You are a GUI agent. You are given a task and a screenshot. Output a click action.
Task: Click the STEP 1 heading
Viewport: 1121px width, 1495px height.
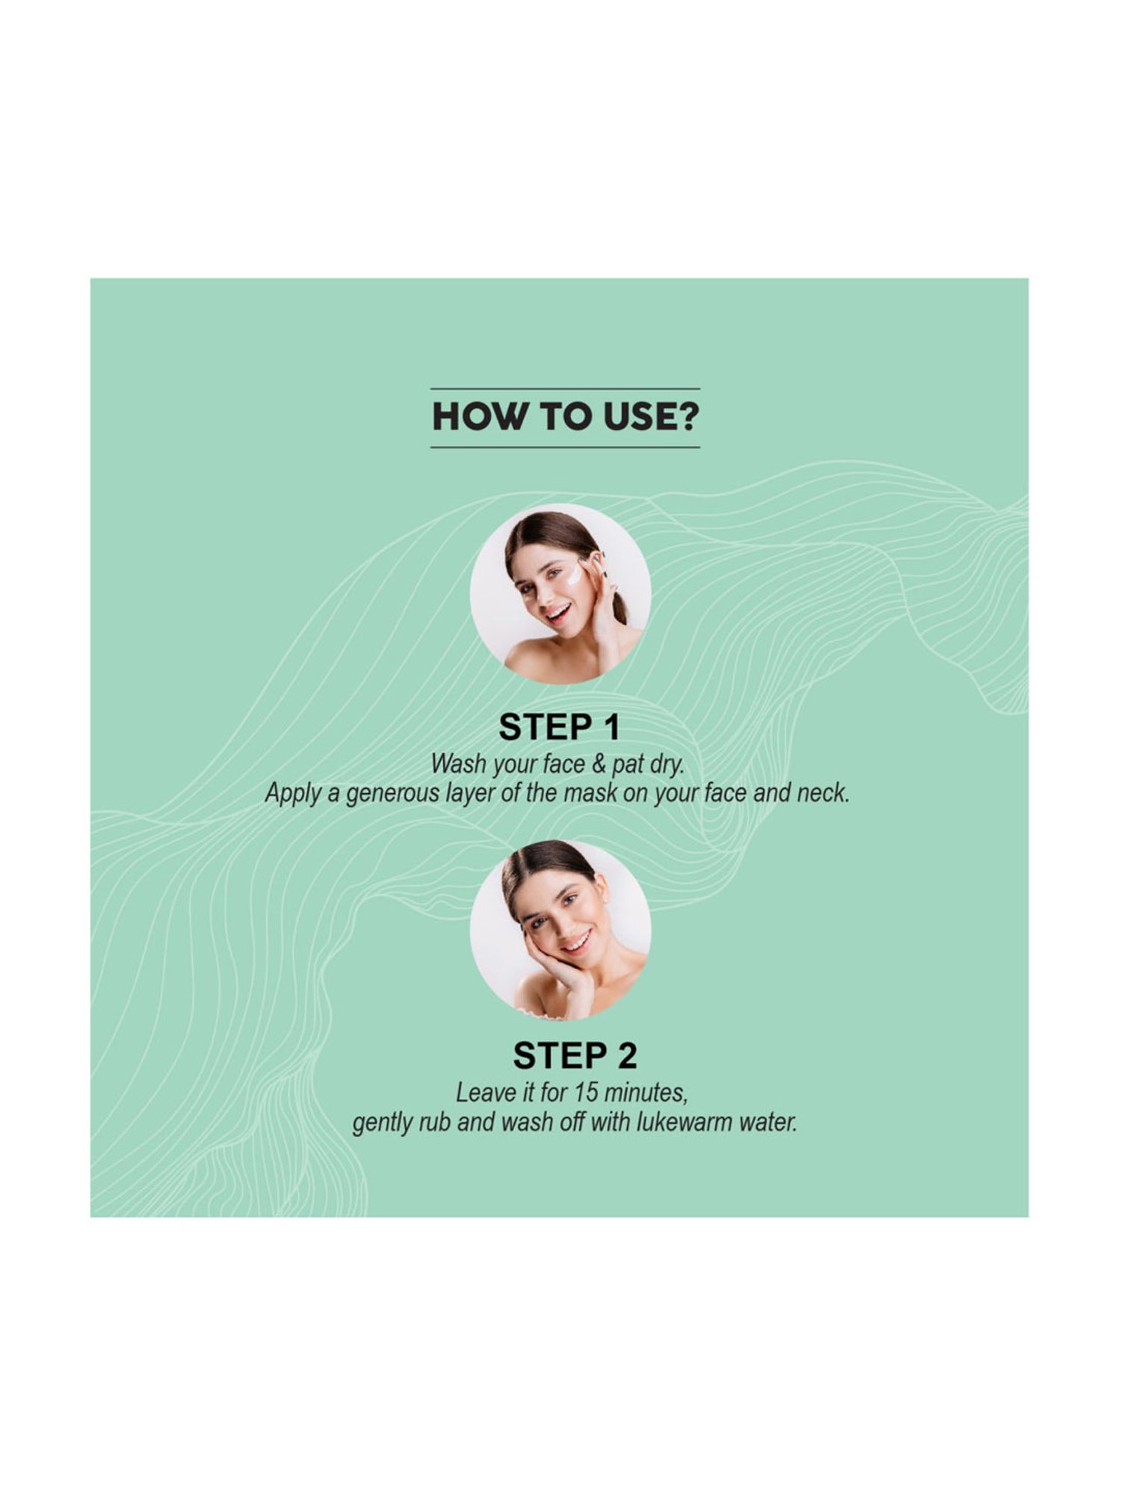point(559,727)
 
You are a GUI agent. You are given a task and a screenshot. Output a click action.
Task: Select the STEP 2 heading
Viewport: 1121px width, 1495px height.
point(574,1056)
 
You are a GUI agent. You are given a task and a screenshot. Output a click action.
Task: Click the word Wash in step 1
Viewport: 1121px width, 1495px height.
point(458,764)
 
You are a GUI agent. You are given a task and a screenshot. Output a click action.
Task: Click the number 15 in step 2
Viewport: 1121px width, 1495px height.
point(587,1093)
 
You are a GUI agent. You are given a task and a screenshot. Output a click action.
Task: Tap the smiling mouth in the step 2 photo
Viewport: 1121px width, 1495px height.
point(575,940)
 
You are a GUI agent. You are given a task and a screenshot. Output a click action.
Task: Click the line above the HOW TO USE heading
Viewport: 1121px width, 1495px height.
point(564,389)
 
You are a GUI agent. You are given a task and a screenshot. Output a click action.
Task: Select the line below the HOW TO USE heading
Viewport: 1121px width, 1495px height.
point(564,448)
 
